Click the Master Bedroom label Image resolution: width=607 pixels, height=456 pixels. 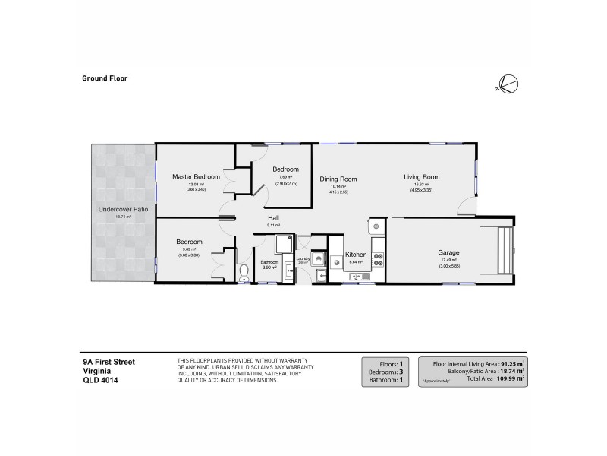click(195, 176)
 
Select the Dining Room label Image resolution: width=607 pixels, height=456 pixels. click(338, 179)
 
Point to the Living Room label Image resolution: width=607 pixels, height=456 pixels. click(421, 177)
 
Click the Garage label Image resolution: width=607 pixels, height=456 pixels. click(448, 252)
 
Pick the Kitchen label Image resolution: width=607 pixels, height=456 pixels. click(356, 255)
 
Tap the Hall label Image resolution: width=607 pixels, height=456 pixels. click(274, 218)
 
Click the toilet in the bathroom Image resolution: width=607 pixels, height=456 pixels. click(244, 272)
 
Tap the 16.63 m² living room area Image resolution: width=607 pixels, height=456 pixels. click(421, 185)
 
